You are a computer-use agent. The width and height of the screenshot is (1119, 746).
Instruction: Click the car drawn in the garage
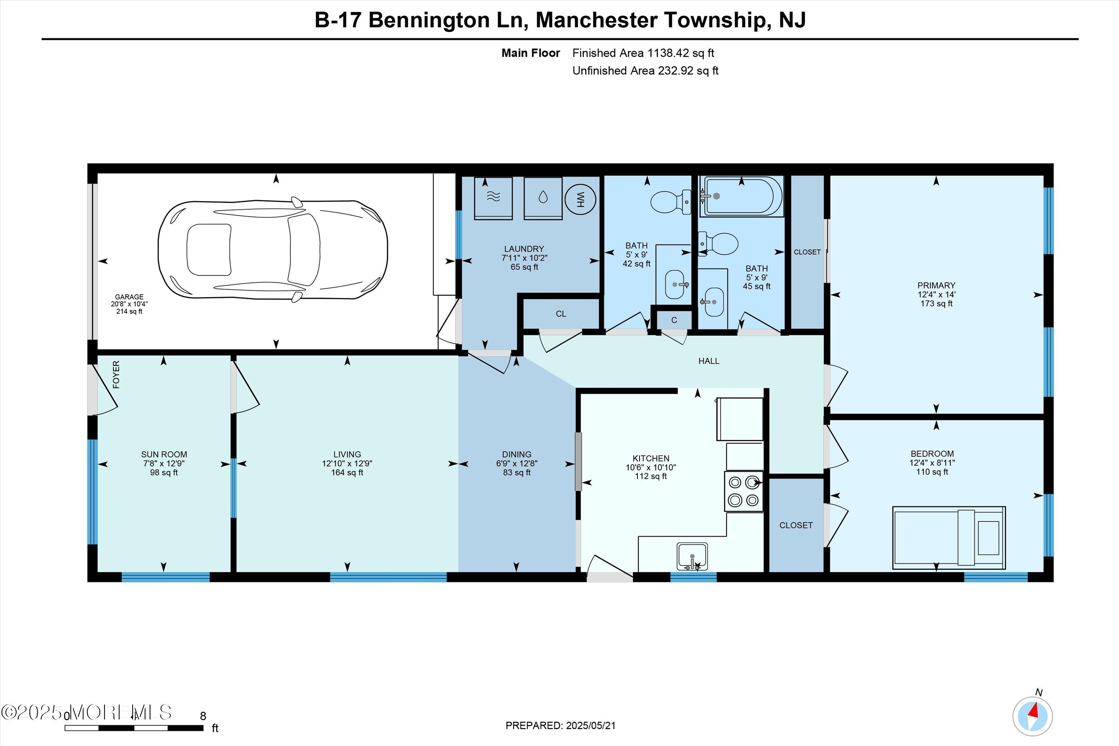tap(273, 249)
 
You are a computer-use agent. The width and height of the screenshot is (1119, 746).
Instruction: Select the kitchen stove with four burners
tap(744, 492)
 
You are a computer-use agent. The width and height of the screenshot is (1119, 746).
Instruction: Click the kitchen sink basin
tap(692, 556)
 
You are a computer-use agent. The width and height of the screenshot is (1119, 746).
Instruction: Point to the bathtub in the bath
tap(741, 196)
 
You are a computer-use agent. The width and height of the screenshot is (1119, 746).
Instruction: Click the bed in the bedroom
tap(949, 538)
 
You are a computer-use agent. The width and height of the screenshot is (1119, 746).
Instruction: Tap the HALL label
tap(708, 361)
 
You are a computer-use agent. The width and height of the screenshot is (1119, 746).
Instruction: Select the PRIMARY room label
tap(936, 286)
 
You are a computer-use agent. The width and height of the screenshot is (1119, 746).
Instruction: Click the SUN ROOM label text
tap(164, 454)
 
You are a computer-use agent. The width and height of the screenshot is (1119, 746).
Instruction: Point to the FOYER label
tap(116, 374)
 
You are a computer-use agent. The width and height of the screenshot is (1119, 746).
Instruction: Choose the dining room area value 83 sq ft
tap(517, 472)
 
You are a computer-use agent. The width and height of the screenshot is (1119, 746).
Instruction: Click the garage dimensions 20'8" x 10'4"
tap(129, 304)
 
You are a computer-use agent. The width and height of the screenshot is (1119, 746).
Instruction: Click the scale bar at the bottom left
tap(134, 728)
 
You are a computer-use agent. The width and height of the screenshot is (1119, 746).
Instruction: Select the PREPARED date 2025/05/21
tap(591, 726)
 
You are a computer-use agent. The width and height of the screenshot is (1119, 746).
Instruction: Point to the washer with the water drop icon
tap(543, 199)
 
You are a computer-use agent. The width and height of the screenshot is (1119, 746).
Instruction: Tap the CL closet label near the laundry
tap(561, 314)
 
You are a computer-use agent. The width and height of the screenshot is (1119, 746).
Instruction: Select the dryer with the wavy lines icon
tap(493, 199)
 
